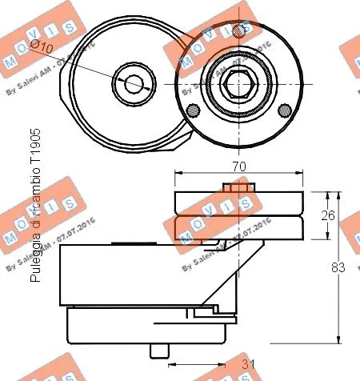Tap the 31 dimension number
(249, 366)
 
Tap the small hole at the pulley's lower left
(191, 110)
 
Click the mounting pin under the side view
(159, 350)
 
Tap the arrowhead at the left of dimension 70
(178, 172)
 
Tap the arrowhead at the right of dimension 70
(302, 172)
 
